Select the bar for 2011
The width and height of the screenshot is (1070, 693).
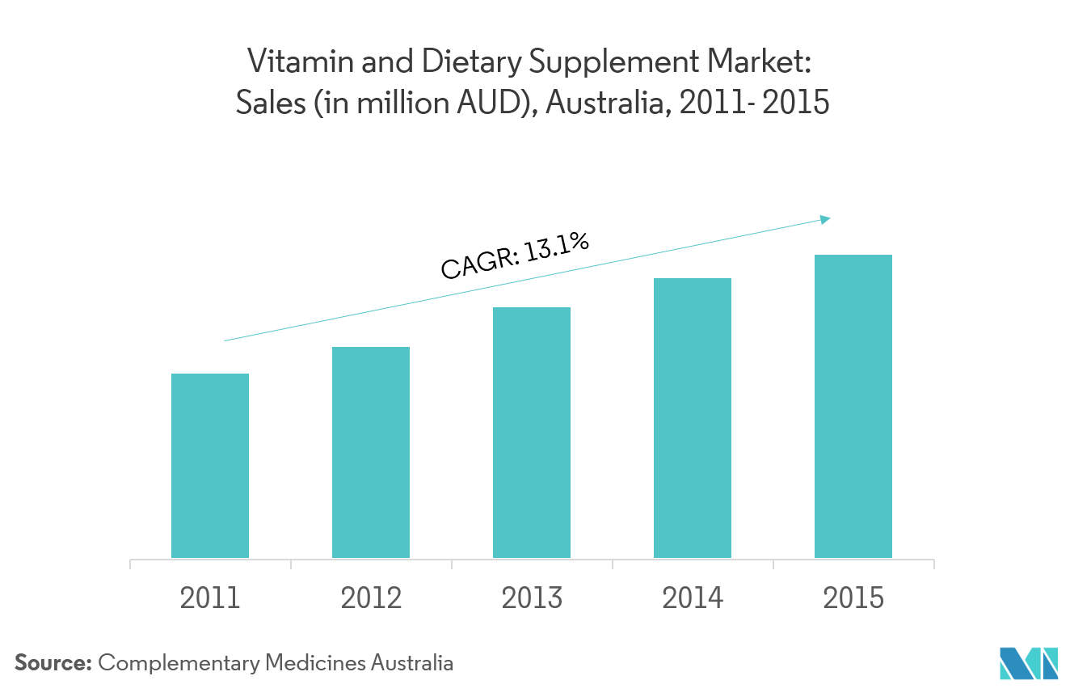[x=210, y=465]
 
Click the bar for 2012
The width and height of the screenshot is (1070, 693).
[x=371, y=452]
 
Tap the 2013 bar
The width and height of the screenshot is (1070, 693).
[x=532, y=432]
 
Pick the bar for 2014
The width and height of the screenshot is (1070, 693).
[x=693, y=417]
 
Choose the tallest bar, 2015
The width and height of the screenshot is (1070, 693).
[x=853, y=406]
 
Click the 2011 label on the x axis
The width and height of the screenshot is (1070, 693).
[x=210, y=598]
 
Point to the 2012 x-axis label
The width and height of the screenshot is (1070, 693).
[x=371, y=598]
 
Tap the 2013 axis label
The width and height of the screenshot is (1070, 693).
[x=532, y=598]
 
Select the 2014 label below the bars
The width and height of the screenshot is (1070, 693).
[x=693, y=598]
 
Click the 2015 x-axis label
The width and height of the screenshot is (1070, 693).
[x=853, y=598]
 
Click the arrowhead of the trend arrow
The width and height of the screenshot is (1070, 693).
[x=825, y=218]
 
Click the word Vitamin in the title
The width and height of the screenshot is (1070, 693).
[x=289, y=61]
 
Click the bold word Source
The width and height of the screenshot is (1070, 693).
[x=53, y=663]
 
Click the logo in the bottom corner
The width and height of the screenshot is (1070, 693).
[x=1028, y=663]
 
